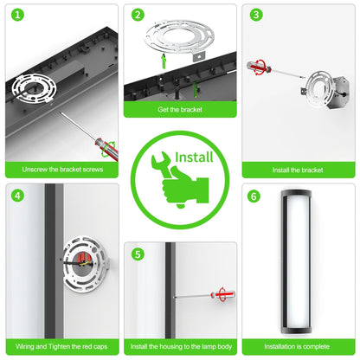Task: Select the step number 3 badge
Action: click(x=256, y=15)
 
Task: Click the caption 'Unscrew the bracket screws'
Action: click(x=62, y=170)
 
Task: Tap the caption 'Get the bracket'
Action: click(x=180, y=111)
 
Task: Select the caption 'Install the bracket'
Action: click(x=299, y=170)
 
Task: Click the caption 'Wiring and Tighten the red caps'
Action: click(x=62, y=347)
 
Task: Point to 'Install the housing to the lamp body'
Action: click(x=180, y=347)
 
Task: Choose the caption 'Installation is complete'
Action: click(x=299, y=347)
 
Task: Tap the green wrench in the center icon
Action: click(x=162, y=163)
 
